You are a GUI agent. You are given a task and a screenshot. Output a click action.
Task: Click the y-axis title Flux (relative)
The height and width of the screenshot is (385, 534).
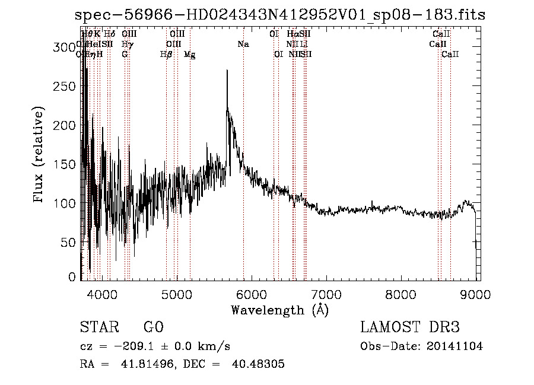click(40, 155)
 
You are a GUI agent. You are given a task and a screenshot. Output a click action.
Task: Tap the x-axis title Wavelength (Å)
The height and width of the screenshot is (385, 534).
click(279, 310)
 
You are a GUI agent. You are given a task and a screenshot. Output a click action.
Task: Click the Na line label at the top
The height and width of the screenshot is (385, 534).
click(243, 44)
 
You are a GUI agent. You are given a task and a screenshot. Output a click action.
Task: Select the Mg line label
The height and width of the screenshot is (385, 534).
click(189, 55)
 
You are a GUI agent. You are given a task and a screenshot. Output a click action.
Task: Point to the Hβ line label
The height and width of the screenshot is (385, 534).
click(166, 55)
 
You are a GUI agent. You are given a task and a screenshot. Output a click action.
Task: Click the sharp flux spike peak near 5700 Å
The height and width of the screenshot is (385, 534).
click(227, 71)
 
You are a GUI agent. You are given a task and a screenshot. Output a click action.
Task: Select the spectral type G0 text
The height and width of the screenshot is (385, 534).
click(153, 328)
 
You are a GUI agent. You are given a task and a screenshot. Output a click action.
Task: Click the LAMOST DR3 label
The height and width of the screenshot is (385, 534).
click(409, 328)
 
